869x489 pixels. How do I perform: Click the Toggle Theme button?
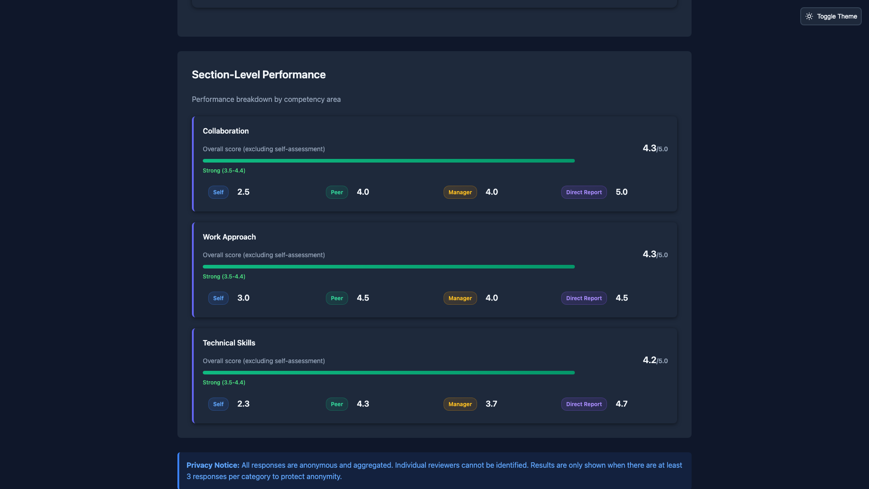tap(831, 16)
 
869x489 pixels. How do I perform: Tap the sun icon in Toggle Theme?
tap(809, 16)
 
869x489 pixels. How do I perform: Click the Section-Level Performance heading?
tap(258, 75)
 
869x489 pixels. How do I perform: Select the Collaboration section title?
tap(225, 131)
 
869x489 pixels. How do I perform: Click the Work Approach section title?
tap(229, 237)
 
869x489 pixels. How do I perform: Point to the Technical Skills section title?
tap(229, 343)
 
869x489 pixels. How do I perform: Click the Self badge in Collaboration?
tap(218, 192)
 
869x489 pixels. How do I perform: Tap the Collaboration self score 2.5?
tap(243, 192)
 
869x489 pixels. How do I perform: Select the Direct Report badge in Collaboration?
tap(583, 192)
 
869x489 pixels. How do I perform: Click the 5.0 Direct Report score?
tap(621, 192)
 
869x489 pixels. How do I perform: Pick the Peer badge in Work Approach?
tap(336, 298)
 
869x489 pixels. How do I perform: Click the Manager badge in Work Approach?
tap(460, 298)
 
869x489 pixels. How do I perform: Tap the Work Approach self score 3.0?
tap(243, 298)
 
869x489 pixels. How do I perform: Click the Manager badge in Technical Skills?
tap(460, 404)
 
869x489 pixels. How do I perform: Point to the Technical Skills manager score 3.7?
tap(491, 404)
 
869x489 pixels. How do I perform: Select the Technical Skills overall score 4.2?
tap(649, 360)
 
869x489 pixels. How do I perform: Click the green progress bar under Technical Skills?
tap(388, 373)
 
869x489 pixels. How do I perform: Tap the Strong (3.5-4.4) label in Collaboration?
tap(224, 171)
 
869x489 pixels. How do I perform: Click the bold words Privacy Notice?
tap(213, 465)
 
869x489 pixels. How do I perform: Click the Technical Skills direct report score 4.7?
tap(621, 404)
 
